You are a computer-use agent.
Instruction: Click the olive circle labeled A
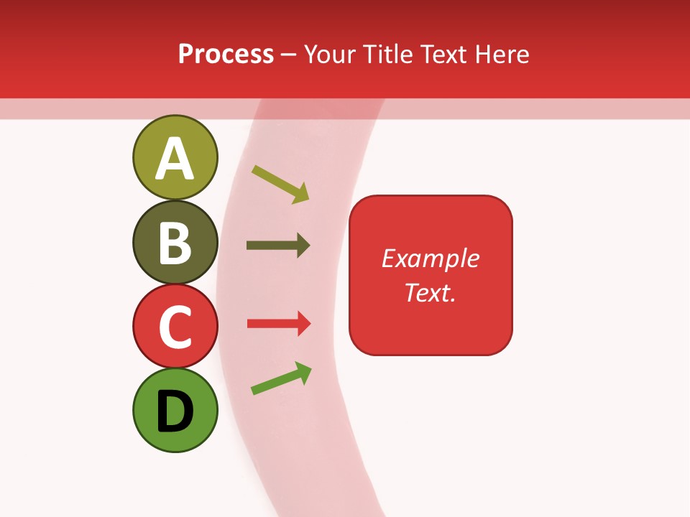(175, 157)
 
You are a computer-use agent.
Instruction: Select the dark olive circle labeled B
(175, 242)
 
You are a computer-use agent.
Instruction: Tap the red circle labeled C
(175, 326)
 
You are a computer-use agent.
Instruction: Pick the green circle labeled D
(175, 410)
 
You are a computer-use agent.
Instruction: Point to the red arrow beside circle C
(279, 324)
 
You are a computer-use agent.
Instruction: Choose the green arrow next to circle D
(281, 378)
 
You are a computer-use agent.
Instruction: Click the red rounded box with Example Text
(431, 275)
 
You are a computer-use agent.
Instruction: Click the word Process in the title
(226, 54)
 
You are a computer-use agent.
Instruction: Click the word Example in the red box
(431, 258)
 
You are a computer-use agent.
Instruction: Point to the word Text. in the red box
(431, 292)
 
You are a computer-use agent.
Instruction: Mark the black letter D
(175, 411)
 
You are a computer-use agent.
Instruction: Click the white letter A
(175, 159)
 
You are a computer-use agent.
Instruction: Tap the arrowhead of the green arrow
(303, 372)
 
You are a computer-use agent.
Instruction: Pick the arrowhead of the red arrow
(303, 324)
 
